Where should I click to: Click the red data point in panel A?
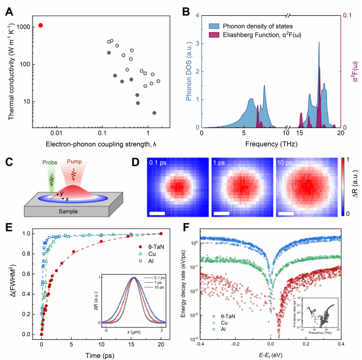click(x=41, y=25)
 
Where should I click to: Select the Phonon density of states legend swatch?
click(x=215, y=26)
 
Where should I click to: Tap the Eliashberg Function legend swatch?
click(x=215, y=34)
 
